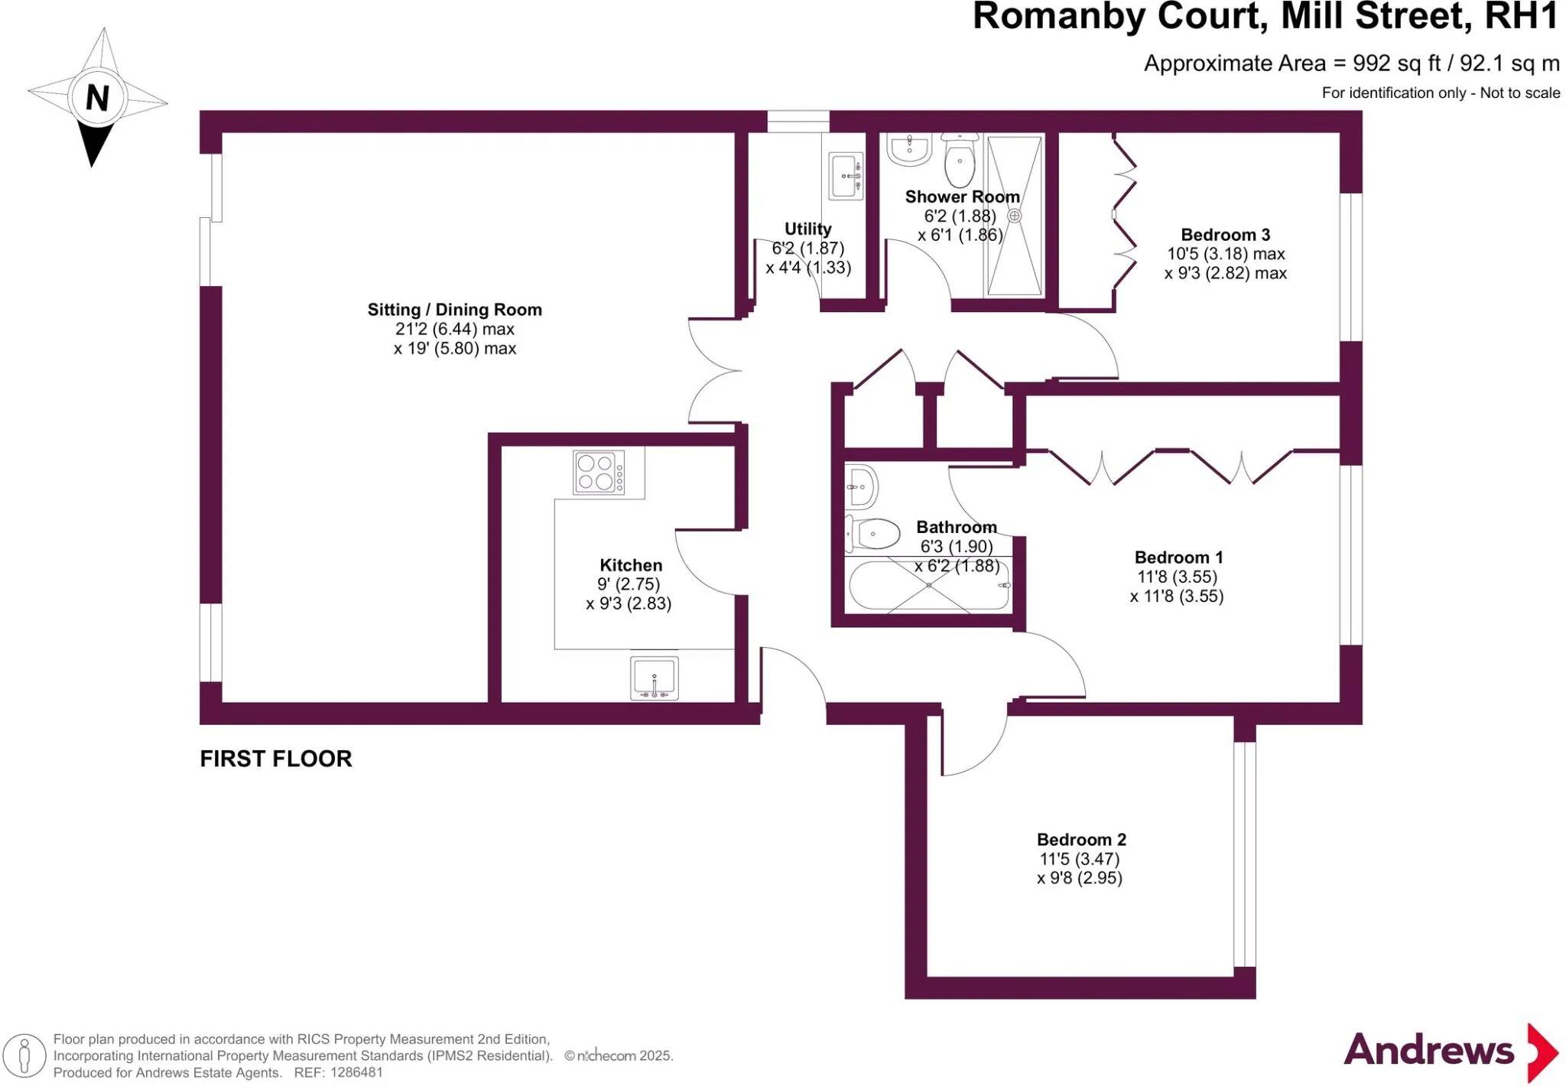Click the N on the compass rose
97,98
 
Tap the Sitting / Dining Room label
455,310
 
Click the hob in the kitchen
599,473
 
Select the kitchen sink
655,678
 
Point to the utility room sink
846,176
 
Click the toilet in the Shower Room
960,158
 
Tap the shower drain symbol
1015,216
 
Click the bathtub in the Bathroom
929,586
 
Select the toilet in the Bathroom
872,534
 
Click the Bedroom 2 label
1081,840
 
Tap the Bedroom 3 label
1226,235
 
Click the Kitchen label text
631,565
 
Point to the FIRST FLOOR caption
276,759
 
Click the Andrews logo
1451,1051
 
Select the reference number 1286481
356,1072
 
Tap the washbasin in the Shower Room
909,149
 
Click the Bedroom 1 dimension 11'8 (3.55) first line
1177,577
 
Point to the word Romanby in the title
1065,17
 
